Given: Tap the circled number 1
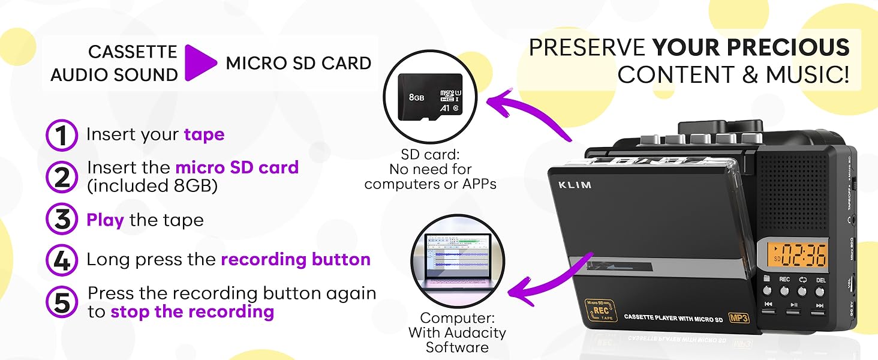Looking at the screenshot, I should (62, 136).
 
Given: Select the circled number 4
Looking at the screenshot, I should (62, 260).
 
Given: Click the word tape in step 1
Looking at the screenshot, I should (204, 134).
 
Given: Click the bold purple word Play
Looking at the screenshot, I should (105, 220).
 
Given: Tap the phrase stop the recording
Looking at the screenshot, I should (192, 312).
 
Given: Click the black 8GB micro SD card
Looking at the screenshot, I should (431, 97).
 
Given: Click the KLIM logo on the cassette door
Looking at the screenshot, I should (575, 185).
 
